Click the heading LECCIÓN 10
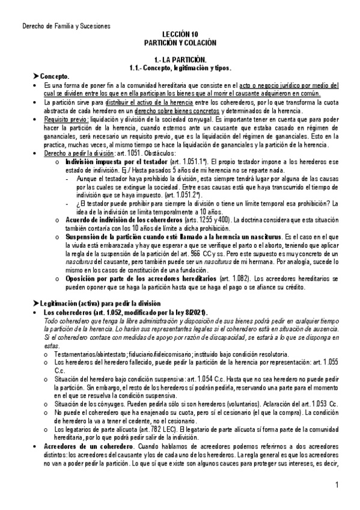coord(180,35)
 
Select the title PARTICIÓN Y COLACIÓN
coord(180,44)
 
